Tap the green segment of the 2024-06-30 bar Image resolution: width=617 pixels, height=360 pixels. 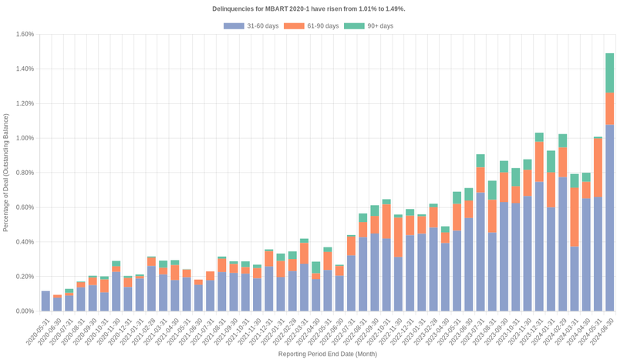[609, 72]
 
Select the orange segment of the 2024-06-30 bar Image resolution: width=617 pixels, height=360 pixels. [609, 109]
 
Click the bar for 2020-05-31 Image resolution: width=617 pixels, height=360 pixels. [46, 301]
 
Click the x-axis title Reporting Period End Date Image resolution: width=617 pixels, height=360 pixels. [327, 355]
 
